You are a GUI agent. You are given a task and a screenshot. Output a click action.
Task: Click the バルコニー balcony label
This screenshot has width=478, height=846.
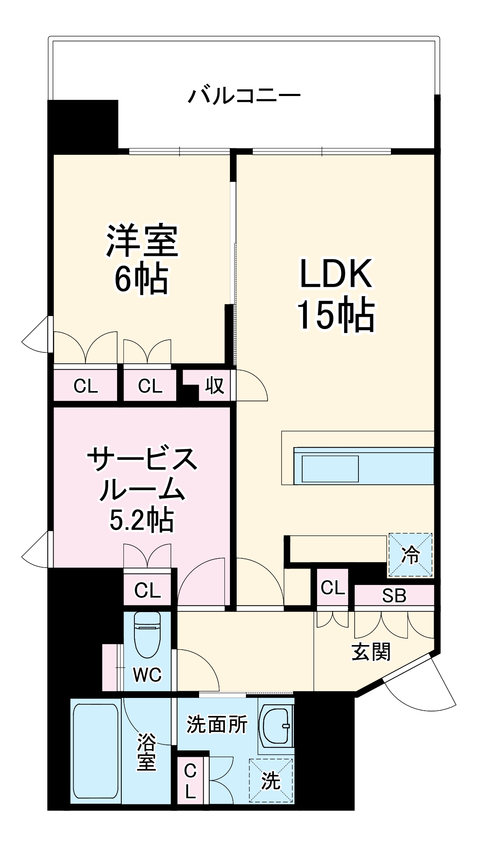pos(244,95)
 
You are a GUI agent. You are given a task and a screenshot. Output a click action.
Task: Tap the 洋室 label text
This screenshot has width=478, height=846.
pos(142,242)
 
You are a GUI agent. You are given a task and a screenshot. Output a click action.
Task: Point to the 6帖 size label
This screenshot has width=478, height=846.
pos(142,280)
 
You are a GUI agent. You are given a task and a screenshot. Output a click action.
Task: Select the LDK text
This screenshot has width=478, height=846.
pos(336,274)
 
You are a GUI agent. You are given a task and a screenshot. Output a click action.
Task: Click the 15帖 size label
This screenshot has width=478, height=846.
pos(336,315)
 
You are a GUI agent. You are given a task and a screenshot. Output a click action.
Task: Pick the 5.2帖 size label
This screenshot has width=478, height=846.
pos(142,520)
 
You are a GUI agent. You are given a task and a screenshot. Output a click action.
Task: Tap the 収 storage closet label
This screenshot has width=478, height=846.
pos(215,386)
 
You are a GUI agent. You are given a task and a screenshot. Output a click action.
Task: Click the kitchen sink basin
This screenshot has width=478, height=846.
pos(330,469)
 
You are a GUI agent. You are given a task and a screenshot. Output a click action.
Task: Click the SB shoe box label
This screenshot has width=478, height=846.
pos(394,596)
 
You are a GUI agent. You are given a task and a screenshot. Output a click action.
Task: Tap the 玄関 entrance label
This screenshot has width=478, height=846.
pos(371,652)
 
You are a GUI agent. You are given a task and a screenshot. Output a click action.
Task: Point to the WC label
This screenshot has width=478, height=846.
pos(147,675)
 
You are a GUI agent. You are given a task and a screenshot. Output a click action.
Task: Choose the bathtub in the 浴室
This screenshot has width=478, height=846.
pos(96,750)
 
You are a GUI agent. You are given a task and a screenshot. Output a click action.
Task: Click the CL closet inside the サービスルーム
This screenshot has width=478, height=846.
pos(147,591)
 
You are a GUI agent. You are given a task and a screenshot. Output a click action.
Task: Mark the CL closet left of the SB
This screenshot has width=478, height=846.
pos(333,588)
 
